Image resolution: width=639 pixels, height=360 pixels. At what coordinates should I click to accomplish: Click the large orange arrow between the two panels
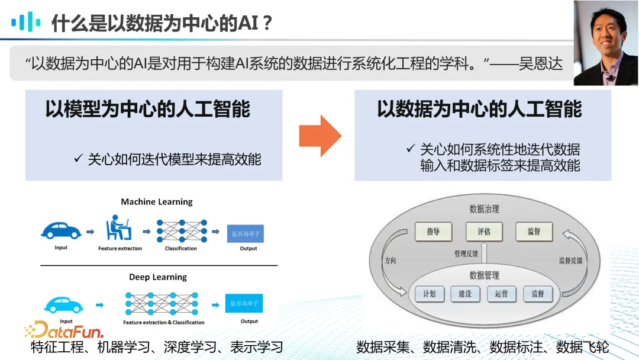pyautogui.click(x=319, y=136)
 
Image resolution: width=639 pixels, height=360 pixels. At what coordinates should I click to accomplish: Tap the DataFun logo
pyautogui.click(x=64, y=330)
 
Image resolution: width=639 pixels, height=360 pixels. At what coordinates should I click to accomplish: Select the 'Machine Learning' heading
pyautogui.click(x=157, y=202)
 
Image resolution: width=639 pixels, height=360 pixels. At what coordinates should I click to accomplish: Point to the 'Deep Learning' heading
pyautogui.click(x=157, y=277)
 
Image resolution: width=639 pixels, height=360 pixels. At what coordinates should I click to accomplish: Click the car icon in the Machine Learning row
pyautogui.click(x=60, y=230)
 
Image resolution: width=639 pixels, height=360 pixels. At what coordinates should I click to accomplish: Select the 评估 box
pyautogui.click(x=484, y=232)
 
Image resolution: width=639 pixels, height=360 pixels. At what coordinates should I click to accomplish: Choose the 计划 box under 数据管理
pyautogui.click(x=429, y=294)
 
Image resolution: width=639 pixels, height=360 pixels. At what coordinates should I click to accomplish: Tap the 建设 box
pyautogui.click(x=465, y=294)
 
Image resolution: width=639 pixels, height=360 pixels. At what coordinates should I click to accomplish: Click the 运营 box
pyautogui.click(x=501, y=294)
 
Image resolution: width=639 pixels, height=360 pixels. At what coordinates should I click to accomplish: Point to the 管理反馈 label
pyautogui.click(x=466, y=254)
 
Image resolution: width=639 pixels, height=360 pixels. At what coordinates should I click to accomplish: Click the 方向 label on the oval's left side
pyautogui.click(x=390, y=261)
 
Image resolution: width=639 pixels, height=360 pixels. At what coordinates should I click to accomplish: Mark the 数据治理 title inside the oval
pyautogui.click(x=484, y=209)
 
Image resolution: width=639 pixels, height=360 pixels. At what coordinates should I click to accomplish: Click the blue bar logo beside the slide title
pyautogui.click(x=26, y=22)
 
